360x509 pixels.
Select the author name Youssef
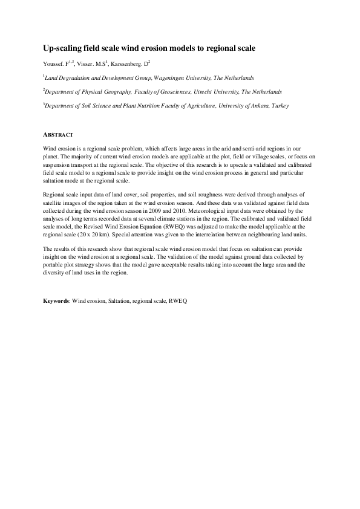pos(53,63)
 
